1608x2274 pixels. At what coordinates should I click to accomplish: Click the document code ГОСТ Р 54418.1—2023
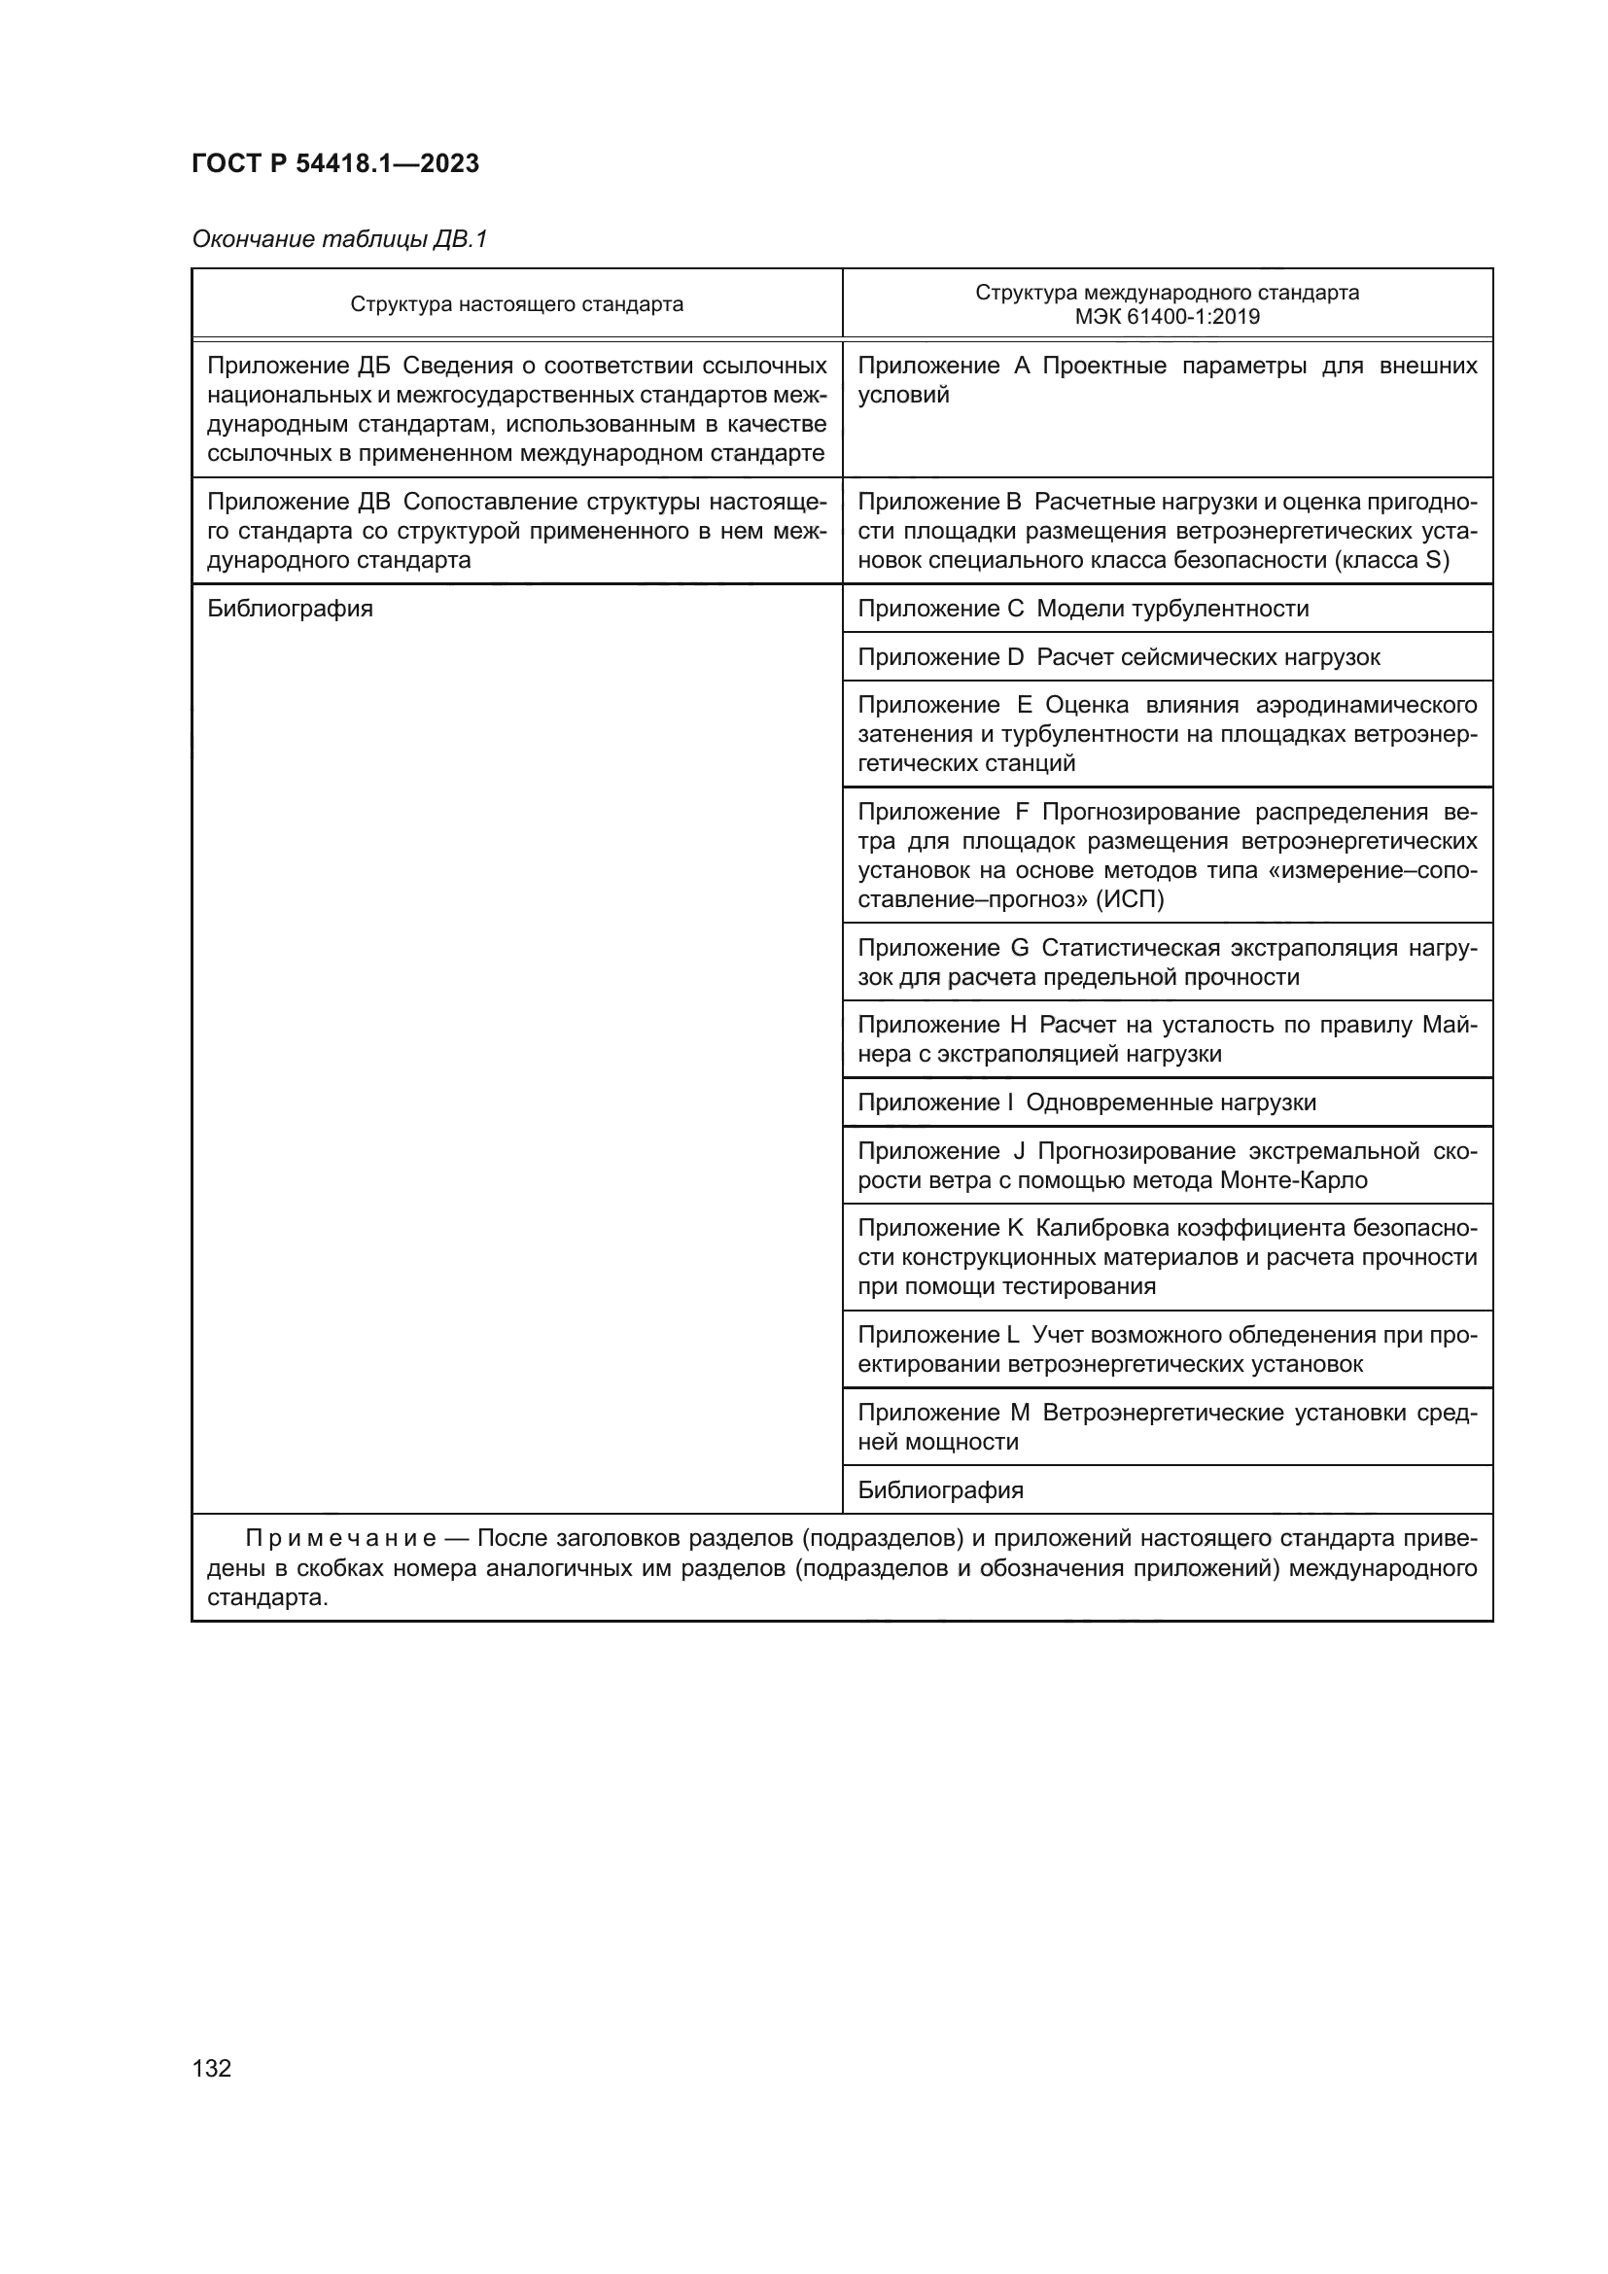(x=334, y=163)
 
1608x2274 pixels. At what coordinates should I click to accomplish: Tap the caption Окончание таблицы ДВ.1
(x=339, y=239)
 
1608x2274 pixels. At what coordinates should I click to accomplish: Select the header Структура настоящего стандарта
(x=516, y=304)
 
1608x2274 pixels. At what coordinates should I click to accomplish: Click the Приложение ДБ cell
(x=516, y=409)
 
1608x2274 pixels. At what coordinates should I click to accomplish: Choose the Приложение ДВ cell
(x=516, y=531)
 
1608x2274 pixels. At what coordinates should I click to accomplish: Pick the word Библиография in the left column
(x=290, y=608)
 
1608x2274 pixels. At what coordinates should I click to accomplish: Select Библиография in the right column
(x=940, y=1489)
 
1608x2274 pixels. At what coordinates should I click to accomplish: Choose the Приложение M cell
(x=1167, y=1426)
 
